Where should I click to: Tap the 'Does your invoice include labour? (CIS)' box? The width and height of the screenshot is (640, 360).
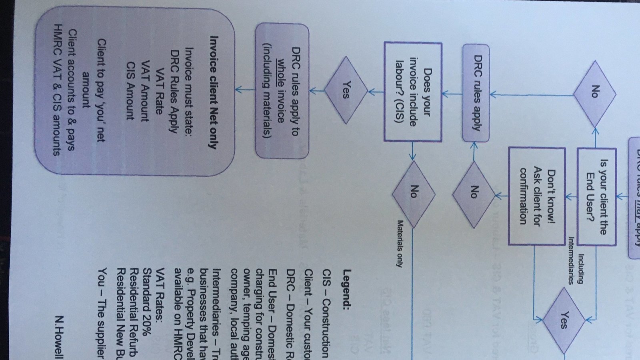click(413, 92)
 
